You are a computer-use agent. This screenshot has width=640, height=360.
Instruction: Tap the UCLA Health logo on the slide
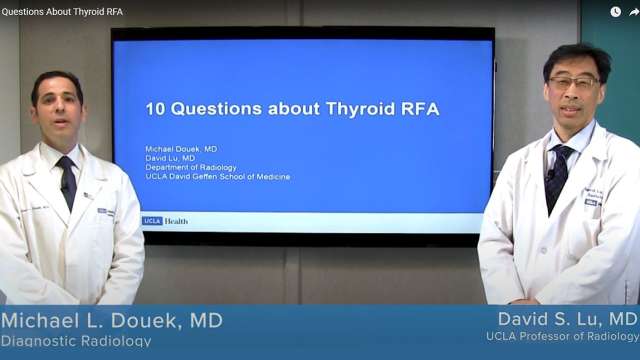coord(165,220)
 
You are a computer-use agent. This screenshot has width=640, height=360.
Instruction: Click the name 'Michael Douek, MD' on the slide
coord(181,149)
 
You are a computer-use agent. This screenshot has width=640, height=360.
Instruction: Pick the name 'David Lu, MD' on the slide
coord(170,158)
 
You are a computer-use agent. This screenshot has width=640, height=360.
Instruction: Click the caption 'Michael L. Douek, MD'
coord(112,320)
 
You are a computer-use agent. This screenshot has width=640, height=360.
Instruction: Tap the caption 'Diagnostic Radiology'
coord(77,341)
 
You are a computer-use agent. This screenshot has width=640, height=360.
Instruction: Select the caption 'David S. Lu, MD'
coord(567,318)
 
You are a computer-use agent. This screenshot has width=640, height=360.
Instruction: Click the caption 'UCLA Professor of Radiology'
coord(562,337)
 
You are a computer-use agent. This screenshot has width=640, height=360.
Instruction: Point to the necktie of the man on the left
coord(67,181)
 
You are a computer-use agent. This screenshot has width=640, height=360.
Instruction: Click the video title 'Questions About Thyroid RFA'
coord(62,11)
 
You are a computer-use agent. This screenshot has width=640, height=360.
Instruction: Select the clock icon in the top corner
coord(615,12)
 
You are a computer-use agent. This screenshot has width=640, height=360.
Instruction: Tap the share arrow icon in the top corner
coord(633,12)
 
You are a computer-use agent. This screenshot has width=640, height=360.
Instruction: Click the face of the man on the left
coord(56,108)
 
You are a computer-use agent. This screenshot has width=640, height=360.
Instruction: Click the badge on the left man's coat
coord(104,211)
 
